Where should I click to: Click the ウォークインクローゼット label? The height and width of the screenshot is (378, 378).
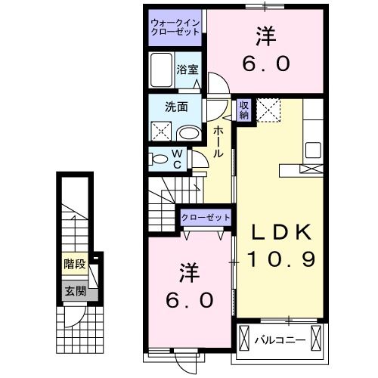coord(175,28)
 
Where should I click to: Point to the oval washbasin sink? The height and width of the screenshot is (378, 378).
coord(189,132)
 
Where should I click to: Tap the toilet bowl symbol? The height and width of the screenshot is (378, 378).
coord(160,160)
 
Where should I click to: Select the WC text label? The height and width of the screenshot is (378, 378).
coord(177,160)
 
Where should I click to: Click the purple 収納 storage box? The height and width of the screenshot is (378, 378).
coord(244,110)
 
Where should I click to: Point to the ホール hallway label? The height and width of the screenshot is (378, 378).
coord(218,141)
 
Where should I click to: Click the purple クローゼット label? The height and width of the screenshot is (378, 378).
coord(206,218)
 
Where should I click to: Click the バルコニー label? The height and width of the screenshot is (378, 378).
coord(280,339)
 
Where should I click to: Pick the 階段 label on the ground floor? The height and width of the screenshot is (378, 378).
coord(73,265)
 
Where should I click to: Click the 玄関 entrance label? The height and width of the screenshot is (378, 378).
coord(73,290)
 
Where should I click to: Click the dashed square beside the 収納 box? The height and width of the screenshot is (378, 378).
coord(268,110)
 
